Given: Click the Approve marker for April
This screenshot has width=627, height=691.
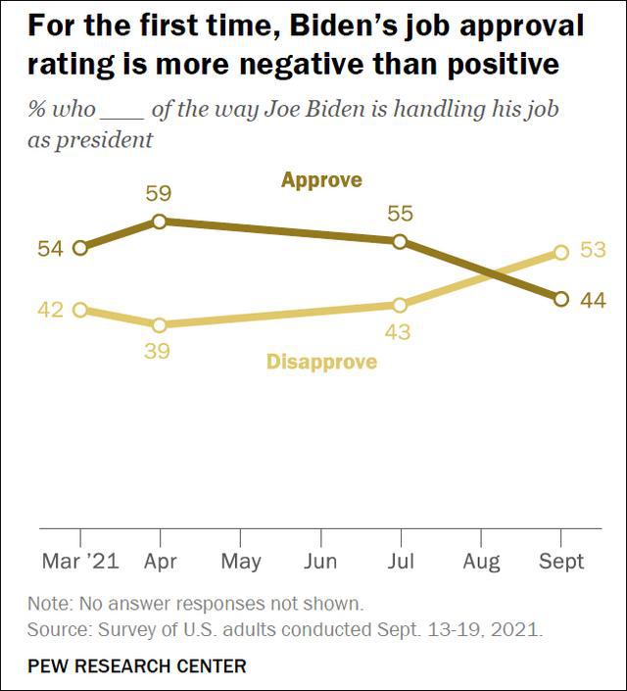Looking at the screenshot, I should [160, 222].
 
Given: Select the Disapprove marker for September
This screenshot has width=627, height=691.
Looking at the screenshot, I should [560, 252].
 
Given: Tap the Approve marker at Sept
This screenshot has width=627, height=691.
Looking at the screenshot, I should [560, 299].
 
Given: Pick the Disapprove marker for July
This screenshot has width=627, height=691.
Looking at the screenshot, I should [400, 306].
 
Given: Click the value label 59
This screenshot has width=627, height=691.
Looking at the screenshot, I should [159, 194].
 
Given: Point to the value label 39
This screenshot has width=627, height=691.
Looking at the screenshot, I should [158, 352].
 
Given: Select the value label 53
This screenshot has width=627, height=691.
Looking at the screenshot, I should [593, 250].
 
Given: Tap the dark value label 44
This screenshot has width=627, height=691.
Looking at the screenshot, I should [593, 300].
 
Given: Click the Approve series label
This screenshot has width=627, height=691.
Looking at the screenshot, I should [321, 179].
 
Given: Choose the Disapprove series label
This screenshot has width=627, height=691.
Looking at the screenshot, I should [321, 363].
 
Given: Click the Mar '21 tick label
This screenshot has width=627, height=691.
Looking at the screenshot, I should [79, 562].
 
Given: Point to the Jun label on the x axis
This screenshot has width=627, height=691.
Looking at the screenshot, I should [320, 562].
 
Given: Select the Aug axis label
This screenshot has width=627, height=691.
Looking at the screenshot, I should [480, 562].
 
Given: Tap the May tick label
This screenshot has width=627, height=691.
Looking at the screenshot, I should [240, 562].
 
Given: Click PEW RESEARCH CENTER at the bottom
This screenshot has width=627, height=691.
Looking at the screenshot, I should [137, 666].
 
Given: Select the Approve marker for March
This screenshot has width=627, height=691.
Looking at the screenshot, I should [79, 248].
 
